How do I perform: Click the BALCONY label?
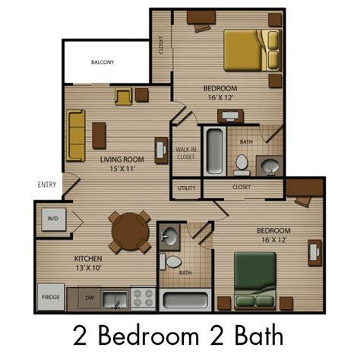103,62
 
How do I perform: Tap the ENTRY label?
47,185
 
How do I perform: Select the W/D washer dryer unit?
54,219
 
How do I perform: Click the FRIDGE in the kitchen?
51,297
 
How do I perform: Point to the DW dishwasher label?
90,298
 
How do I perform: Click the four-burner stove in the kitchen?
144,298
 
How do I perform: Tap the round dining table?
130,232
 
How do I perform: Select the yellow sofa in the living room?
76,135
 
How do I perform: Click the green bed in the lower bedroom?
255,280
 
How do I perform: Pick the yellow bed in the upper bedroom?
251,50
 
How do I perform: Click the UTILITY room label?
187,188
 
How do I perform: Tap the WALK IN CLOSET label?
186,153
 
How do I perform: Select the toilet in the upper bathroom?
242,165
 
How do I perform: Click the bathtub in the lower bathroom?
185,300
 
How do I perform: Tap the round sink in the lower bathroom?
169,236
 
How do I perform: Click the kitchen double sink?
115,300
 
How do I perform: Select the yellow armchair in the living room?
124,96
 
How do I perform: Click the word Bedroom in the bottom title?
149,336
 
